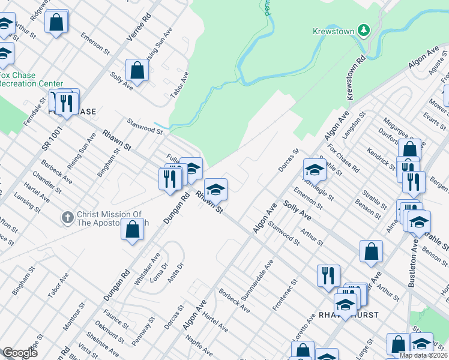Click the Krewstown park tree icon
point(363,30)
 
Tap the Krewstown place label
point(334,31)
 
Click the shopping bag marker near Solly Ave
point(137,70)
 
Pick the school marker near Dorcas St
point(314,170)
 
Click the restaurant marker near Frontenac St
point(328,275)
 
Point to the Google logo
point(20,353)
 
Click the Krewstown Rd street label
point(355,79)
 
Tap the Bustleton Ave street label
point(413,265)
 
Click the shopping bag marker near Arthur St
point(372,251)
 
